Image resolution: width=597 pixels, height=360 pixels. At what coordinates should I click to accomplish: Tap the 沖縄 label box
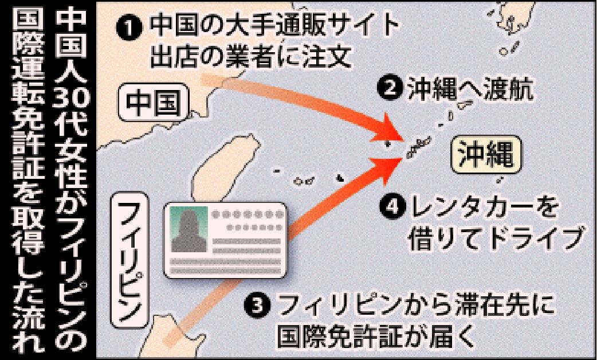pos(486,154)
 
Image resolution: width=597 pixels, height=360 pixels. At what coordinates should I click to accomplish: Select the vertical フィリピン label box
pos(129,260)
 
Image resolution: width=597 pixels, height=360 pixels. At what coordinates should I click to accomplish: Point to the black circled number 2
pos(390,88)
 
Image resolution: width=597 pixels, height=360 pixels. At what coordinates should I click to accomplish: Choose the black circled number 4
pos(392,207)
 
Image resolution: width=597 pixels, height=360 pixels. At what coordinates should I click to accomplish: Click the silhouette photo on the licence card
pos(189,229)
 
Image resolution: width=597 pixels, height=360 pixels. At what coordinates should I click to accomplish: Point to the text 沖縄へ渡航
pos(470,88)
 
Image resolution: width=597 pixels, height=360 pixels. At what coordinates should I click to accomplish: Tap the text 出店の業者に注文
pos(250,57)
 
